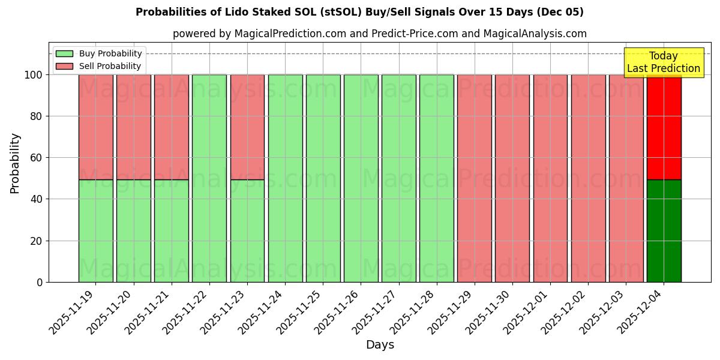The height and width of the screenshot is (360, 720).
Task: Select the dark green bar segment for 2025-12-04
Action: (664, 231)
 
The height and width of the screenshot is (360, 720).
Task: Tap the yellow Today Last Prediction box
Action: (664, 62)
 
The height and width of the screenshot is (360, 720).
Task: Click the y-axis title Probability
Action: (15, 163)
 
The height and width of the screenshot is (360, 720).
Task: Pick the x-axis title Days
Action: (380, 345)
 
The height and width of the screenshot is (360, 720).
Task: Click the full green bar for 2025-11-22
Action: (209, 178)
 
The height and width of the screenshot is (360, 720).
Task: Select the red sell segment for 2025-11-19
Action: (95, 127)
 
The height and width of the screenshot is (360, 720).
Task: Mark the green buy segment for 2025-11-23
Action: (247, 231)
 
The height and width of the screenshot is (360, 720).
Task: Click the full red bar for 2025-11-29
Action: (475, 178)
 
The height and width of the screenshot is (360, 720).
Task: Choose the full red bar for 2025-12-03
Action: (626, 178)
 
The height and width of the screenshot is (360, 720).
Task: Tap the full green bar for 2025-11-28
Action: (437, 178)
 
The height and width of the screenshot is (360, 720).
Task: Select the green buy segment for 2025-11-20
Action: (133, 231)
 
